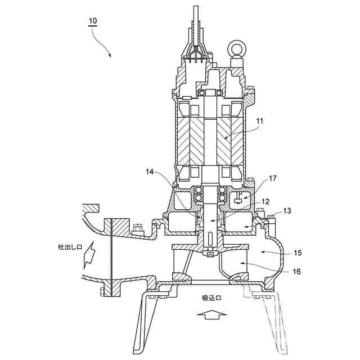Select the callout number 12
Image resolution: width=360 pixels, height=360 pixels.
(x=265, y=201)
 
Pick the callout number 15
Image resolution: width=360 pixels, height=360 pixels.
(x=298, y=253)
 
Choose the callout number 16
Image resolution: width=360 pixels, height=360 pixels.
(x=297, y=272)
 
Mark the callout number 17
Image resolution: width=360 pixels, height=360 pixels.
(x=272, y=179)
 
